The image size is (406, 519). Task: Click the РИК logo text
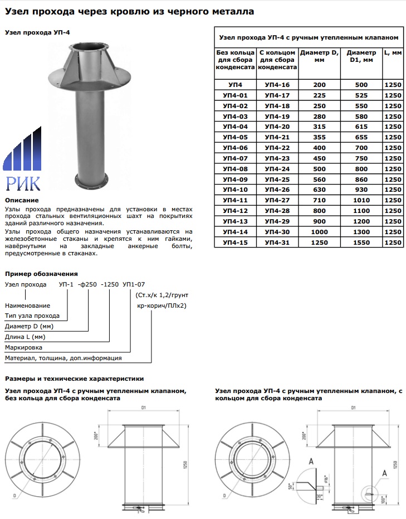tap(22, 182)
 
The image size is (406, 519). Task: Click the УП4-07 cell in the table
tap(234, 158)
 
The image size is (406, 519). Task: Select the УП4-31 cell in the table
tap(277, 242)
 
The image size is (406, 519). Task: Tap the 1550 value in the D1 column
tap(361, 242)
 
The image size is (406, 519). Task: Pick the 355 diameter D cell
tap(319, 137)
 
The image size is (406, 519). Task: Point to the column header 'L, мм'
tap(393, 52)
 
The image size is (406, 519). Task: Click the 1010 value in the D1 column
tap(361, 200)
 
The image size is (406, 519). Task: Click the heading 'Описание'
tap(22, 200)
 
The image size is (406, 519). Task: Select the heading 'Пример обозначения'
tap(41, 274)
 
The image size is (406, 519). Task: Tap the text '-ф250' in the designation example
tap(87, 284)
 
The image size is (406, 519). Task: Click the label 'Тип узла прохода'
tap(32, 316)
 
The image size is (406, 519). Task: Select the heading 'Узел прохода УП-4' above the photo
tap(37, 33)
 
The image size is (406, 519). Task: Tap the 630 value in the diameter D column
tap(319, 190)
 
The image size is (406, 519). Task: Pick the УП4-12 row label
tap(234, 211)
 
